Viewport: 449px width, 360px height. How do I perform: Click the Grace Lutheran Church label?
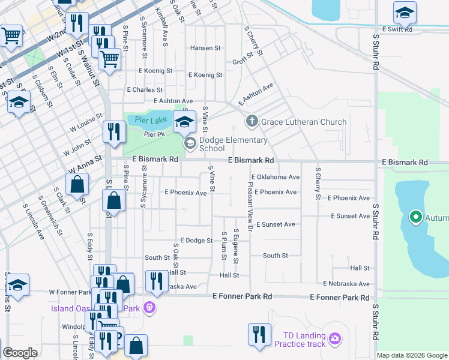tap(304, 122)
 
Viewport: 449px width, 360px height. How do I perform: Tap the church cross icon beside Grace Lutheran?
tap(252, 122)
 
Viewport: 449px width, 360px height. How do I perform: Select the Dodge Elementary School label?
tap(234, 144)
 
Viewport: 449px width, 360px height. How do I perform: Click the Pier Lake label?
tap(142, 120)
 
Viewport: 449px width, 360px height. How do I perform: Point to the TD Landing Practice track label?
tap(300, 340)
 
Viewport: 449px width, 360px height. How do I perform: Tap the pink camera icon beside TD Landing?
tap(335, 340)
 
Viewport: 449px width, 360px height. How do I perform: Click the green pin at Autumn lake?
tap(415, 217)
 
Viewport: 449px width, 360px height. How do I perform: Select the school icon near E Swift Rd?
tap(405, 12)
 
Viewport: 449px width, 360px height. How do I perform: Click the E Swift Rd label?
tap(397, 29)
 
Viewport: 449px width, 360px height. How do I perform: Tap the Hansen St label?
tap(205, 47)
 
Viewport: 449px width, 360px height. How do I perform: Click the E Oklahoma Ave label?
tap(276, 177)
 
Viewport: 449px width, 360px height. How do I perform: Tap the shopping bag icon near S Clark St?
tap(77, 184)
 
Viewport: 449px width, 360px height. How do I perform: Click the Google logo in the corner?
tap(20, 353)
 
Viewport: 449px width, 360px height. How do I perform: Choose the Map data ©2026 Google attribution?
tap(412, 355)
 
